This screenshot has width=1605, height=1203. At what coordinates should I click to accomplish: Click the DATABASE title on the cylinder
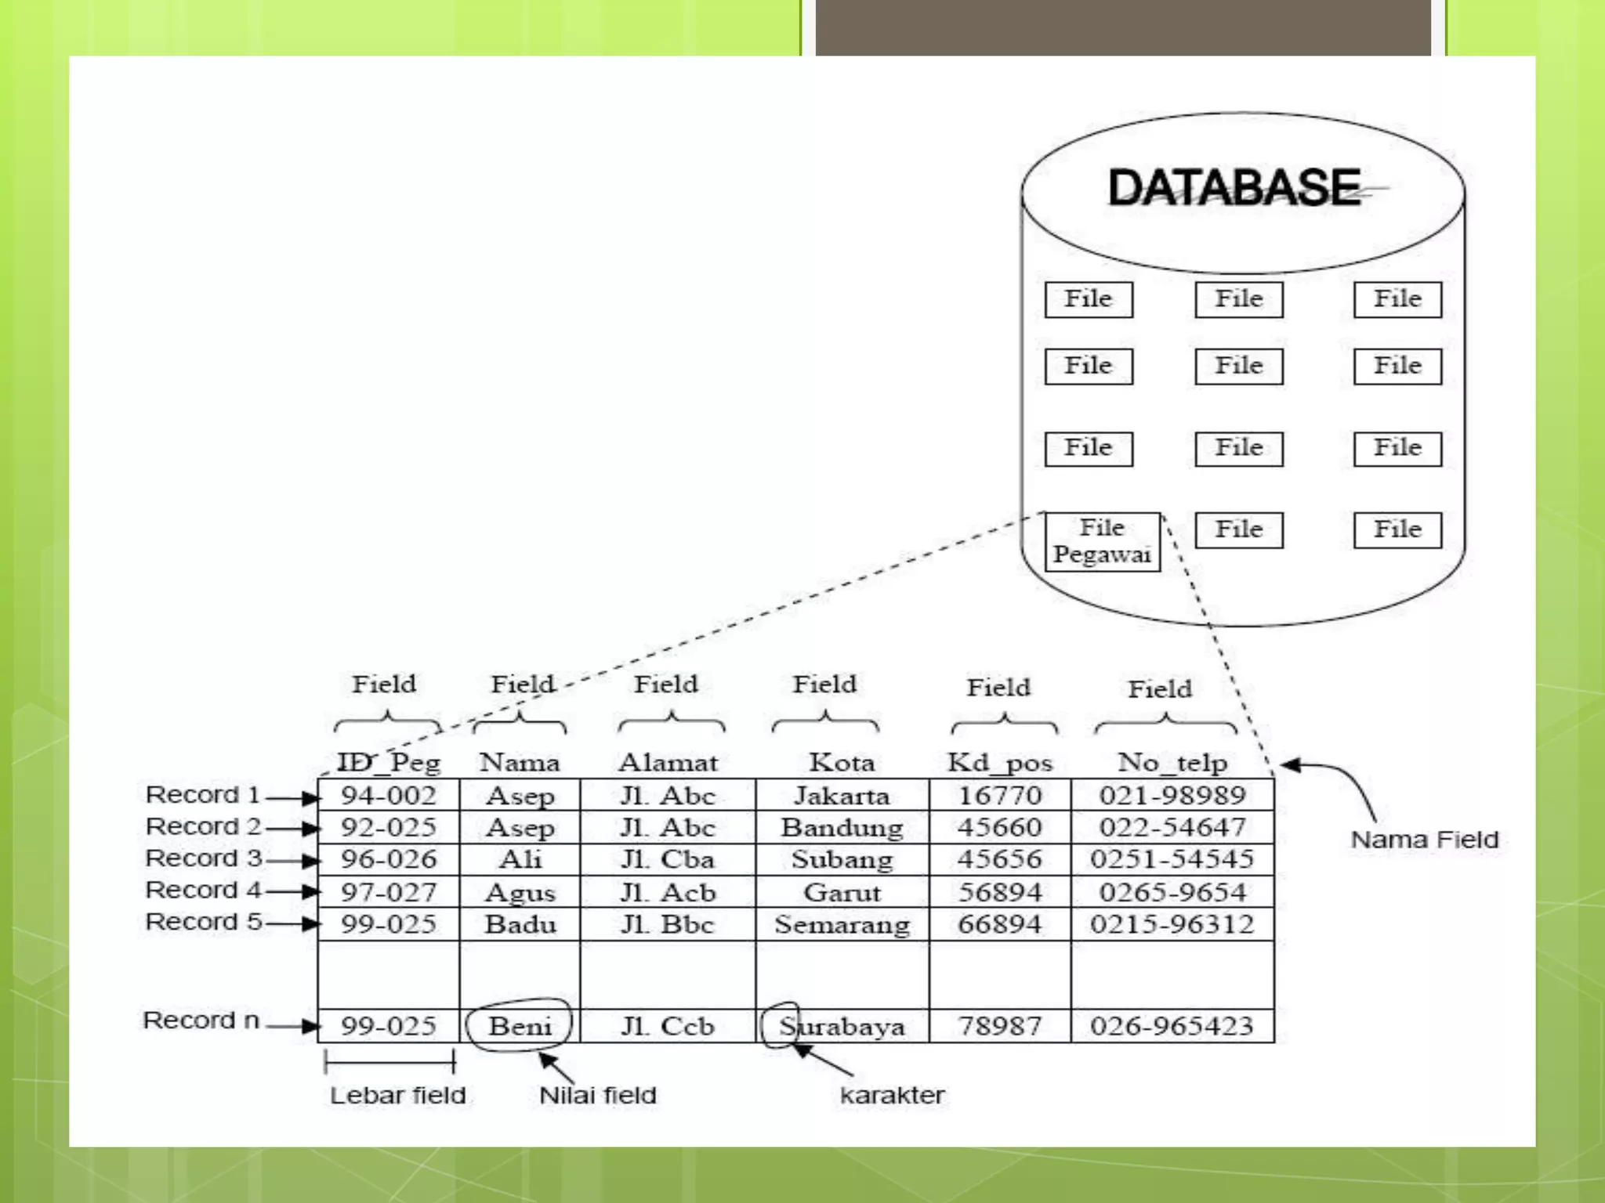(1234, 188)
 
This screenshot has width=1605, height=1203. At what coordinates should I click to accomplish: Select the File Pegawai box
(1102, 541)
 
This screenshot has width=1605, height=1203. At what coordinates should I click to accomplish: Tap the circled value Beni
(520, 1025)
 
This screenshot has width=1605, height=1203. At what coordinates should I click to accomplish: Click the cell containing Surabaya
(842, 1026)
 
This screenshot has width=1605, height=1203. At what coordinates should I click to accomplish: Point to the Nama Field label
(1424, 840)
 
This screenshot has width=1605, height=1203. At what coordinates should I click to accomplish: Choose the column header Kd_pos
(999, 762)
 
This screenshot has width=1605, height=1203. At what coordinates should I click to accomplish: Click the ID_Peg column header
(389, 762)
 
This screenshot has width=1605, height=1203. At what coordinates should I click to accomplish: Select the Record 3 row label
(204, 858)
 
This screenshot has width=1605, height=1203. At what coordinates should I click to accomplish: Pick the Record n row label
(201, 1021)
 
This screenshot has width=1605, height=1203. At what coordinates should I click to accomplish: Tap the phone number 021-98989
(1172, 796)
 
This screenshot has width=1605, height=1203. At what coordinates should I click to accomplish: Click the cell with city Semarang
(842, 925)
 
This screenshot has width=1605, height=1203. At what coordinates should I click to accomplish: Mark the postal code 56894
(999, 892)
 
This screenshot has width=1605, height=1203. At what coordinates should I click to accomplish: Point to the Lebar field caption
(397, 1095)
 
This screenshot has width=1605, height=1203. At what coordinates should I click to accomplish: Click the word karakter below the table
(892, 1095)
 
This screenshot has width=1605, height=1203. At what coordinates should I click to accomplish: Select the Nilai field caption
(597, 1095)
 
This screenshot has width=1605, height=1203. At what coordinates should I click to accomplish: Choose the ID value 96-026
(389, 859)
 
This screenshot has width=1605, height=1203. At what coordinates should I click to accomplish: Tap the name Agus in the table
(520, 893)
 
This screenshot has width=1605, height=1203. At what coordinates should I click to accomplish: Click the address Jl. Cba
(668, 859)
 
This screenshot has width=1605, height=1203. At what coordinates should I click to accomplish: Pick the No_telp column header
(1172, 762)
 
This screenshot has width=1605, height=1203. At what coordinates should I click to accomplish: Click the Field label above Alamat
(666, 685)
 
